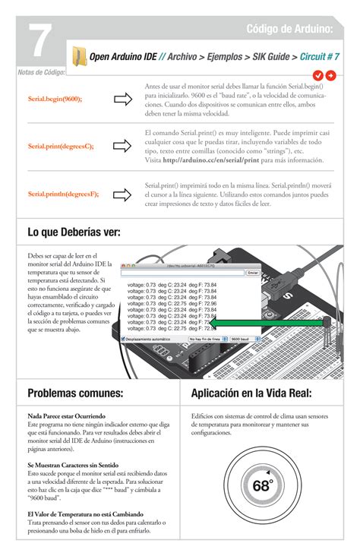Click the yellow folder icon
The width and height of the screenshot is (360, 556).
(79, 56)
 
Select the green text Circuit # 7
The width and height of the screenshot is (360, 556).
(319, 56)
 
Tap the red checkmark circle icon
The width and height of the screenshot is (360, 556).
(318, 74)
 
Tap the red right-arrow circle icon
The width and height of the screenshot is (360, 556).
(330, 74)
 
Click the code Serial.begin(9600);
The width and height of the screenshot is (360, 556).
(55, 99)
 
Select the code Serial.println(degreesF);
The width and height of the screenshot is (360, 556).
(63, 194)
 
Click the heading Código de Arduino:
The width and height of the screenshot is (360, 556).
(289, 29)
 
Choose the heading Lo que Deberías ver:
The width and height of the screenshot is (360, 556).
(74, 232)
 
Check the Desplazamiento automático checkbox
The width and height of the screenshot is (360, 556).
(124, 339)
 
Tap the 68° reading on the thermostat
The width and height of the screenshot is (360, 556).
(262, 486)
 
